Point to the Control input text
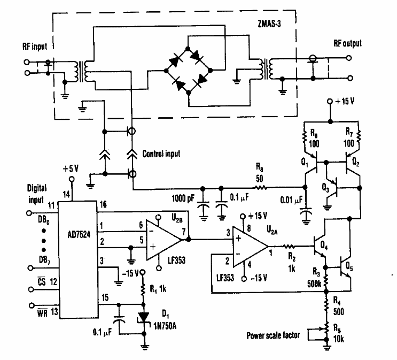pos(161,154)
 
